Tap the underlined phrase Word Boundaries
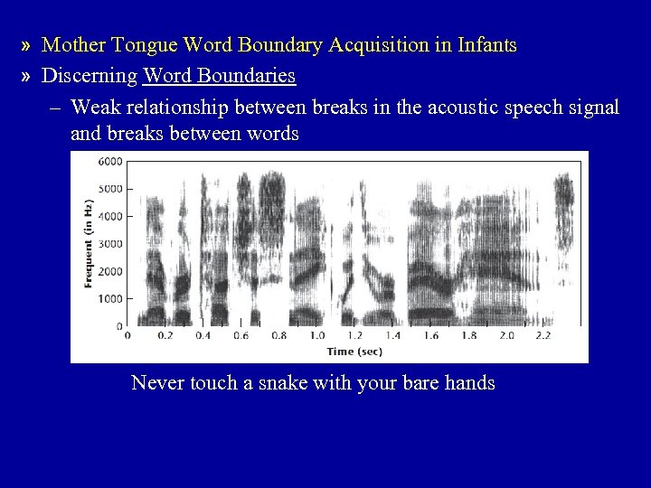coord(219,76)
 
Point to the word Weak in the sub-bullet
coord(94,108)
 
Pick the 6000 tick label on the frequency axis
coord(109,161)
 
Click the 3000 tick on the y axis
coord(109,244)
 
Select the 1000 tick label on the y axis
coord(109,298)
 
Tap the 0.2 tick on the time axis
coord(165,335)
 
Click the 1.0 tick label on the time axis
coord(318,335)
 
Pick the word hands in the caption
coord(469,383)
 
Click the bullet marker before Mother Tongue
coord(29,45)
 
